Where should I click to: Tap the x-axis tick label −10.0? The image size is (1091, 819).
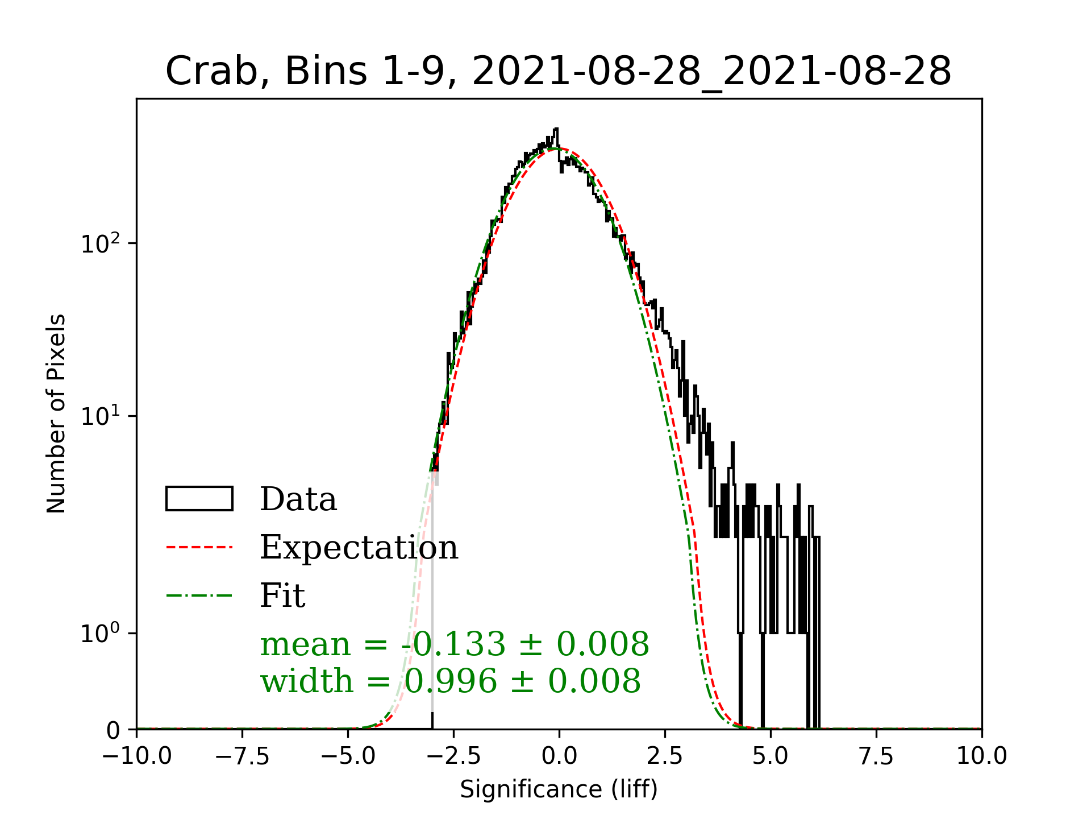click(137, 756)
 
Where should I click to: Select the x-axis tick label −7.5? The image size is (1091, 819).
click(243, 756)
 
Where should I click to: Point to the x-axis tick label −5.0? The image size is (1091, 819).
click(348, 756)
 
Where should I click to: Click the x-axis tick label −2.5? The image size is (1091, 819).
click(454, 756)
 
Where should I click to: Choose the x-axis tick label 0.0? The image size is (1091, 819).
click(559, 756)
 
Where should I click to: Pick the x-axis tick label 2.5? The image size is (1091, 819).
click(665, 756)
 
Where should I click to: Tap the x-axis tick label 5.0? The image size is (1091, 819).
click(771, 756)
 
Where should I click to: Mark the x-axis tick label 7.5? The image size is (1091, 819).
click(876, 756)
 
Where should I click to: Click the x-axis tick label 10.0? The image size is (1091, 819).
click(982, 756)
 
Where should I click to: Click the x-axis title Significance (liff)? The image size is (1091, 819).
click(559, 789)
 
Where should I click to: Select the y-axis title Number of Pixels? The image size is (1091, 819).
click(56, 413)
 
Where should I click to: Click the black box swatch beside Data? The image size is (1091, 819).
click(199, 499)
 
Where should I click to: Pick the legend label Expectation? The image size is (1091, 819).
click(359, 548)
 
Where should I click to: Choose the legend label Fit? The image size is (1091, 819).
click(282, 596)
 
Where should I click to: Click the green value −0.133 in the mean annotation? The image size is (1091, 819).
click(453, 644)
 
